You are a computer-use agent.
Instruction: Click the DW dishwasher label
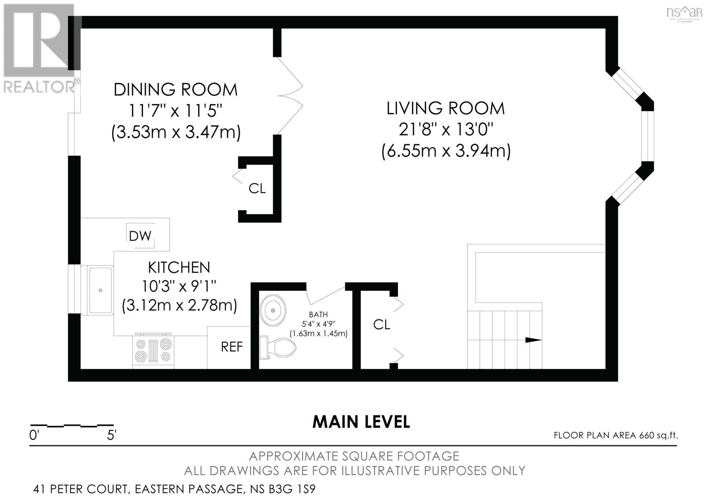[x=140, y=236]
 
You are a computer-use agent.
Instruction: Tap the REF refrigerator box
[x=231, y=347]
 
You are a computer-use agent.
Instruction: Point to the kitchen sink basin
[x=101, y=290]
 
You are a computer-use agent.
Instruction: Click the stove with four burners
[x=153, y=350]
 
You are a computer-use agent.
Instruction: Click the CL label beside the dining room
[x=257, y=188]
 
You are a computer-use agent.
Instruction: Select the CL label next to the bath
[x=381, y=324]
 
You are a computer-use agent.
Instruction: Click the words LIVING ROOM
[x=446, y=108]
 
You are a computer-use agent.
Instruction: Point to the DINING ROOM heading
[x=176, y=90]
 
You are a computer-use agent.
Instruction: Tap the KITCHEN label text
[x=179, y=267]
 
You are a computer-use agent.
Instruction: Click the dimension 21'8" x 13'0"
[x=446, y=130]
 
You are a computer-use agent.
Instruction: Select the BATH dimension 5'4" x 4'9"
[x=318, y=324]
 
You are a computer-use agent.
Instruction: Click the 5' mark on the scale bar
[x=112, y=435]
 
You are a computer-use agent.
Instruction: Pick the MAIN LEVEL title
[x=361, y=422]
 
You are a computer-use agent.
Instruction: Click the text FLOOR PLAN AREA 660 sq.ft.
[x=616, y=435]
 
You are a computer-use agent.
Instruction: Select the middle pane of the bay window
[x=647, y=136]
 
